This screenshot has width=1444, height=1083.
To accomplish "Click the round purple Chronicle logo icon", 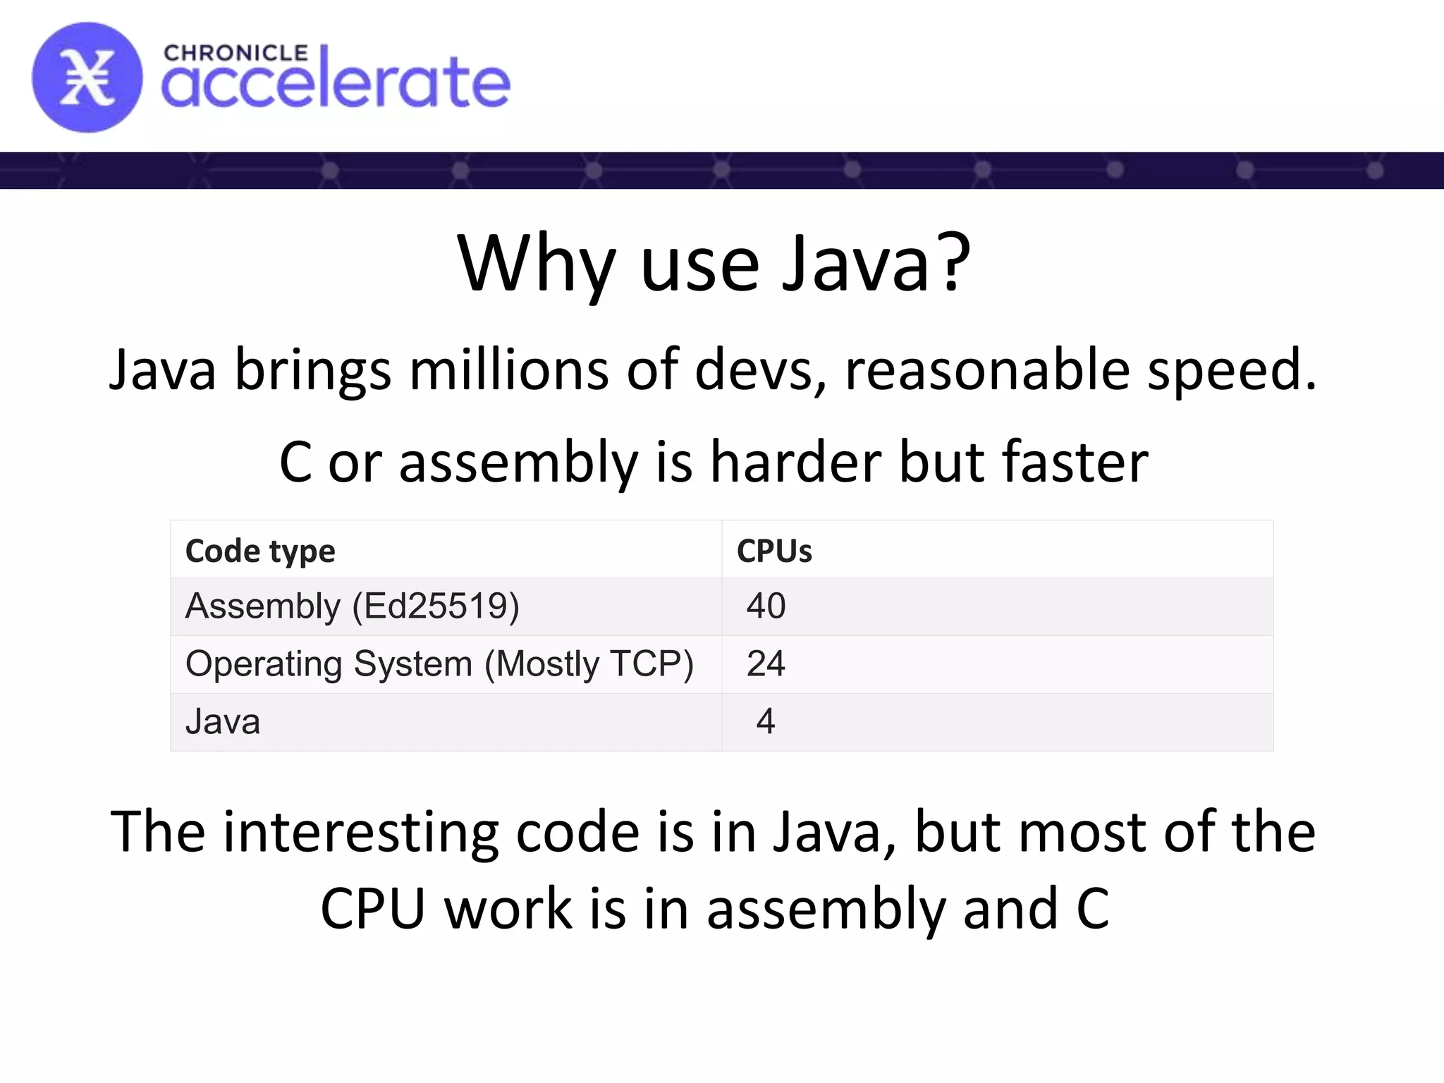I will [87, 78].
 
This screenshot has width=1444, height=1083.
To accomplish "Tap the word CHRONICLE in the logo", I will [235, 54].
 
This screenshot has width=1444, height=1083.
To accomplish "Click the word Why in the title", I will [536, 264].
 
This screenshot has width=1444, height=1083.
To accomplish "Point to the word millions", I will [509, 369].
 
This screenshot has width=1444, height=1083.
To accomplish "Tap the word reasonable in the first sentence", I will [987, 369].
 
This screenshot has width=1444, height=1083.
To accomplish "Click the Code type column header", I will [260, 551].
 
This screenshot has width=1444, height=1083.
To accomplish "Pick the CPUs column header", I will [774, 551].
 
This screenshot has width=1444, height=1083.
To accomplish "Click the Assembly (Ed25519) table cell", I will [352, 606].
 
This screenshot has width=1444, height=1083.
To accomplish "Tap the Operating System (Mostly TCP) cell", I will [439, 664].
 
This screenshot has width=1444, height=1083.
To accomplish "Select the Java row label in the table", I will [223, 722].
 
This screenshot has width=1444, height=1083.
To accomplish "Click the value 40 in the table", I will [766, 606].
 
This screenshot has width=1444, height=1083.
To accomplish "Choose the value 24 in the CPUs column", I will [766, 664].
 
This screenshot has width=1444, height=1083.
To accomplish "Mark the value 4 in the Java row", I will [766, 722].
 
